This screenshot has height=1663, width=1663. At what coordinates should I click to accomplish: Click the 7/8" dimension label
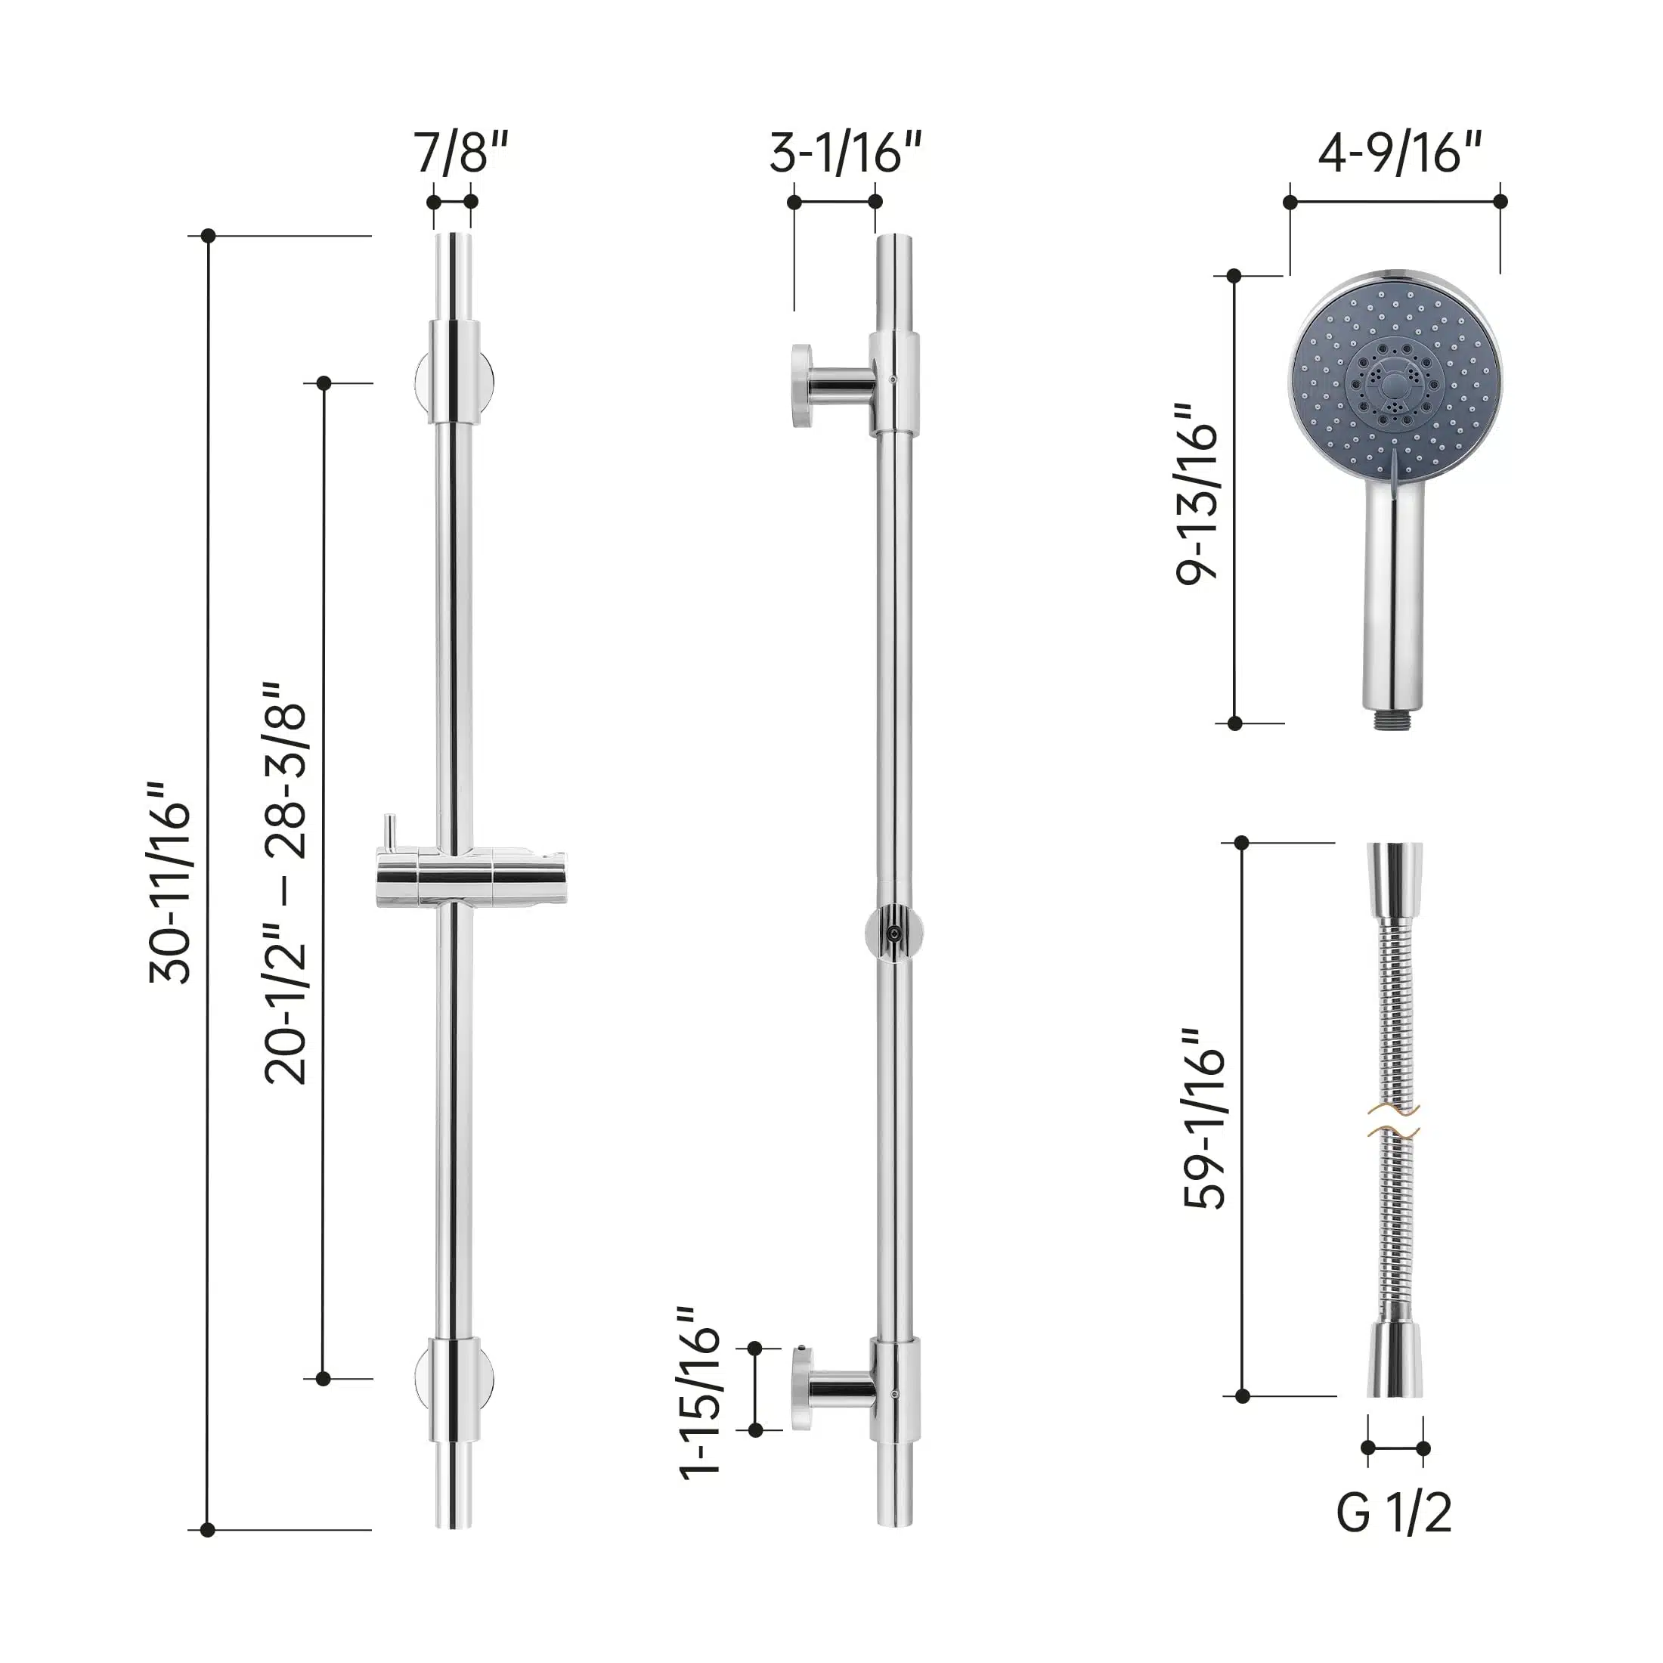coord(461,153)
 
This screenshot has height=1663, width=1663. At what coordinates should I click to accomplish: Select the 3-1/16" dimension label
coord(845,153)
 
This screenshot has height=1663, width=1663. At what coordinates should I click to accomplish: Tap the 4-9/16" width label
coord(1401,153)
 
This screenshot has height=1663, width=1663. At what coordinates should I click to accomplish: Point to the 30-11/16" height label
coord(169,882)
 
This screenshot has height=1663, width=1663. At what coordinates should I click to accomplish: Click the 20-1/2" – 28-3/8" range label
coord(285,882)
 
